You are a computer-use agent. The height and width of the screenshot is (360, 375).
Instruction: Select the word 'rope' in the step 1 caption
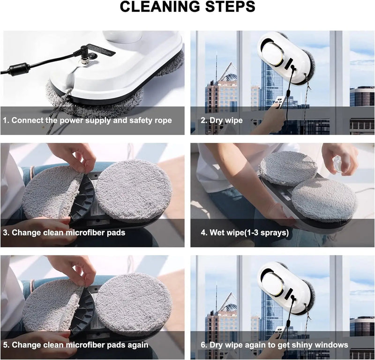pos(162,120)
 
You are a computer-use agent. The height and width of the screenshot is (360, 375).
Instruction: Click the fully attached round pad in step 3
pos(134,190)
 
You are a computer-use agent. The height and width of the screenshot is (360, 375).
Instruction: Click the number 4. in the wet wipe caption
pos(204,232)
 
